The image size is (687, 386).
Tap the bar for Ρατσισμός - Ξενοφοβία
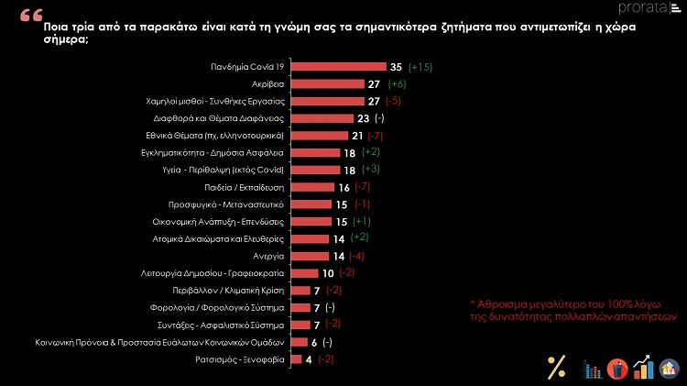click(295, 359)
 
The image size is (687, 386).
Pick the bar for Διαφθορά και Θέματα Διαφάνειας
click(321, 118)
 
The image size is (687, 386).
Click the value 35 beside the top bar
click(397, 67)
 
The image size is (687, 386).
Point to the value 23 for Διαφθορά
click(362, 118)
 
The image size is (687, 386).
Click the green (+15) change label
click(420, 67)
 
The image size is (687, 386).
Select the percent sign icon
click(556, 367)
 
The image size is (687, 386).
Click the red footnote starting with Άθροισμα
click(572, 308)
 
